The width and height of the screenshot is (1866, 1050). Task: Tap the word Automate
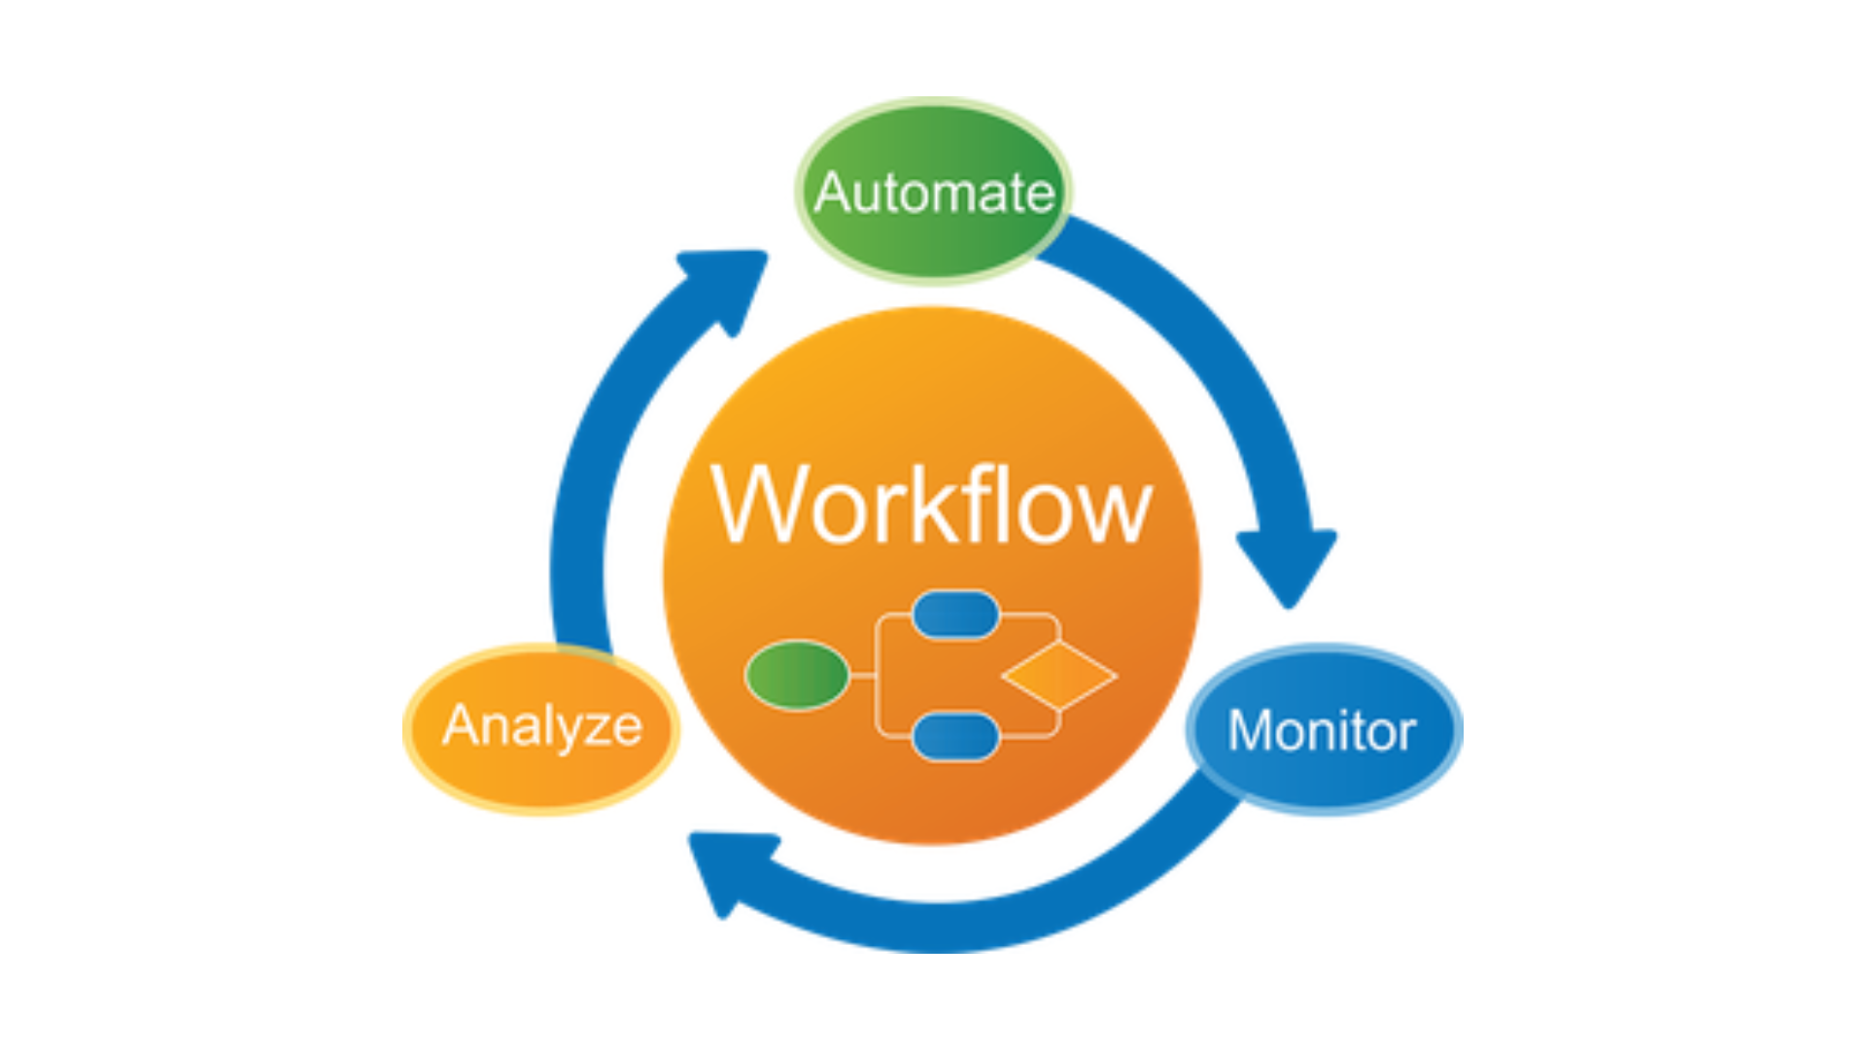934,192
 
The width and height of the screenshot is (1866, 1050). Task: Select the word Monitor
1322,731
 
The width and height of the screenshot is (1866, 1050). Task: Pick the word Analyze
542,726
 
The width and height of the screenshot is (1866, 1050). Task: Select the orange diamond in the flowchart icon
1059,675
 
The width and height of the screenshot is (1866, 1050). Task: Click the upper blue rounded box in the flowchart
955,614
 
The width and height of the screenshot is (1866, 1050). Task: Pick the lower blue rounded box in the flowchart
955,736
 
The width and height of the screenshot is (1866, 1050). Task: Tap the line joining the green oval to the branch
863,675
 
